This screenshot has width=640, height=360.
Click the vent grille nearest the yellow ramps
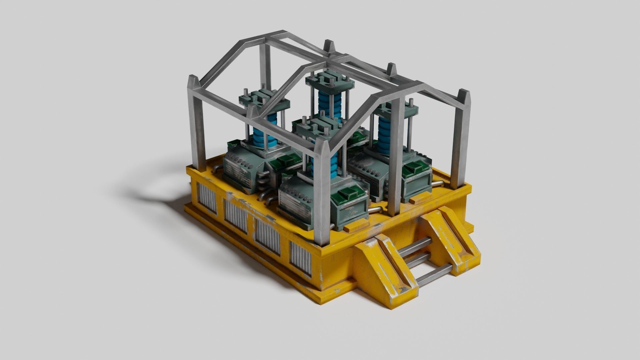[300, 258]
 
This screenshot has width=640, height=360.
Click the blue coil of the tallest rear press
[326, 103]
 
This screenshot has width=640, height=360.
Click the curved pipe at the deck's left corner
[216, 167]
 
